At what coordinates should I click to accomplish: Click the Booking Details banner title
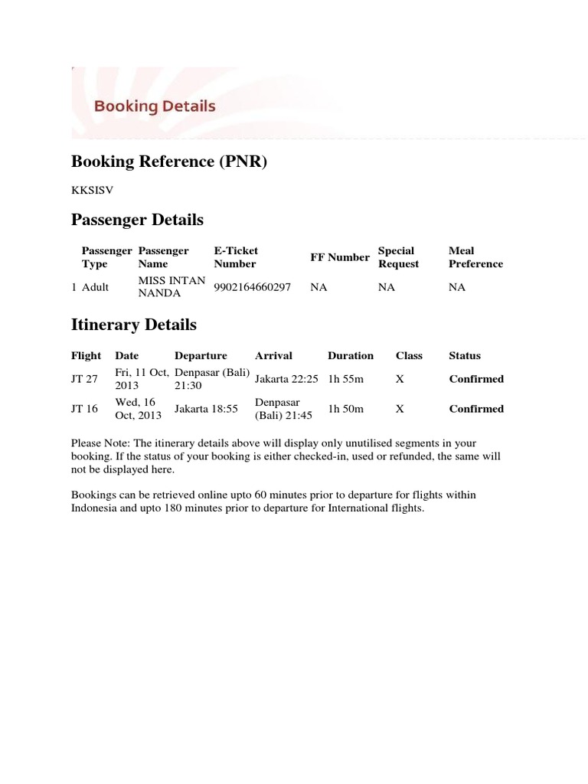(155, 106)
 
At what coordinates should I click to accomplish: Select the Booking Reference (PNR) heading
(169, 162)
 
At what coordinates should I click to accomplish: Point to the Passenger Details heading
(137, 220)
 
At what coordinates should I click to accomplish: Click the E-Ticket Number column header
(236, 257)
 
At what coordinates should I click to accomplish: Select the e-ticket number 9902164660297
(253, 287)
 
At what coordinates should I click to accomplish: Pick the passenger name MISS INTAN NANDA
(171, 287)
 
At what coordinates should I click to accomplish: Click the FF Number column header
(339, 257)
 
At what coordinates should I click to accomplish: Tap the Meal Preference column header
(475, 257)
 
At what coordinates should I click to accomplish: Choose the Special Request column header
(399, 257)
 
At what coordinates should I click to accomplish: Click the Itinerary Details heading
(133, 325)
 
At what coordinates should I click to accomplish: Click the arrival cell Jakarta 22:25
(286, 379)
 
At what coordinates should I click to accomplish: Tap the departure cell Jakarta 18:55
(206, 409)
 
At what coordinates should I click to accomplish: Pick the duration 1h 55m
(346, 379)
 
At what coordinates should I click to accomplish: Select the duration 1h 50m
(346, 409)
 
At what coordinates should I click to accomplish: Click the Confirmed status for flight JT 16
(476, 409)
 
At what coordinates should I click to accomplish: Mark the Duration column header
(351, 355)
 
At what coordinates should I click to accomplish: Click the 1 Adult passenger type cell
(90, 287)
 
